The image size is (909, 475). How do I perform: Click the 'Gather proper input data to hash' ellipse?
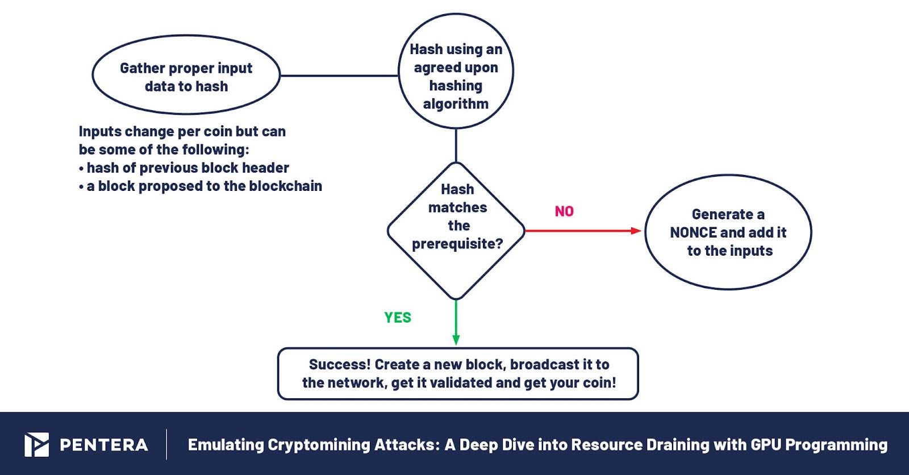tap(186, 76)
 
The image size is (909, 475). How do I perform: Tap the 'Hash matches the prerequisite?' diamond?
tap(456, 230)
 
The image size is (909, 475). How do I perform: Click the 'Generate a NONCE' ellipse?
tap(728, 232)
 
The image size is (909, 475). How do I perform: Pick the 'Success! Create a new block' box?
tap(458, 373)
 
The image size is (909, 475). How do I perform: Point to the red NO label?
tap(564, 211)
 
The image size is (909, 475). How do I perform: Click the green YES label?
tap(398, 318)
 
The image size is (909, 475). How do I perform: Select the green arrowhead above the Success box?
tap(456, 339)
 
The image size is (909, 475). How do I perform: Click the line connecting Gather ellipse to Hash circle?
tap(339, 76)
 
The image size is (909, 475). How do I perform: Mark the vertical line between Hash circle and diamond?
tap(456, 145)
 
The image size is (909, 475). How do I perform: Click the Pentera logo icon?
tap(36, 444)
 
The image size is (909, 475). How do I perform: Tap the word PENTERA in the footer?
tap(104, 445)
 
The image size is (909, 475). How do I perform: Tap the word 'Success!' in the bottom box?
tap(340, 364)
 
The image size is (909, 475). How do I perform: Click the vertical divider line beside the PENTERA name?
tap(166, 444)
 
